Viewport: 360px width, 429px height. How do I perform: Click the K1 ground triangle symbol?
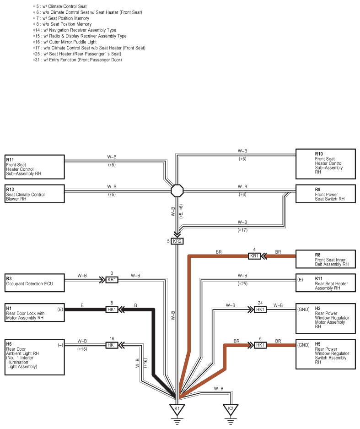177,410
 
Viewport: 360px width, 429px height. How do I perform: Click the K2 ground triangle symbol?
231,410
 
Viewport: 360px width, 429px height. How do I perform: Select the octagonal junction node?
177,190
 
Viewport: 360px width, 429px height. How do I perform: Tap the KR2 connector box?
177,241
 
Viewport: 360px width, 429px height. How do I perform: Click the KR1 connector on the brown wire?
254,256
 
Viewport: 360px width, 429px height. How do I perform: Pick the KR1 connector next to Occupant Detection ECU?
112,280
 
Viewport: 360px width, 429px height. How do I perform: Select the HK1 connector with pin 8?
112,310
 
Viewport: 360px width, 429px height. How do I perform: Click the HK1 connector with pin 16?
112,345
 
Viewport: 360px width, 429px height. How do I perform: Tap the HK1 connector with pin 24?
260,310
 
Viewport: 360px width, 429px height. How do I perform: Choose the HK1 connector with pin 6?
260,345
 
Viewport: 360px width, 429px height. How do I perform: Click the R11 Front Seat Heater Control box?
35,167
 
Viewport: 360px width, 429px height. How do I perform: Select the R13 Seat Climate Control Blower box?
35,194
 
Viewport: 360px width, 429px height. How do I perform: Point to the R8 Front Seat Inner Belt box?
326,259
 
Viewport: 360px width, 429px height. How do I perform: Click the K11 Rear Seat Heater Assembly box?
326,283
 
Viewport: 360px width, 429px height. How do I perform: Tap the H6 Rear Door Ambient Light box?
35,357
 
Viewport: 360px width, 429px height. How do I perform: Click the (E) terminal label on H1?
60,310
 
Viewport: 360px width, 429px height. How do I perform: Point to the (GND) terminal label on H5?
303,345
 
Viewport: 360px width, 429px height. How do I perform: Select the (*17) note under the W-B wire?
242,230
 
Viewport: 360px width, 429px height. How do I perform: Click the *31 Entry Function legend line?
77,60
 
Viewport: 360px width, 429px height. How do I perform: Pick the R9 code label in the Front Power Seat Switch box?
317,190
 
